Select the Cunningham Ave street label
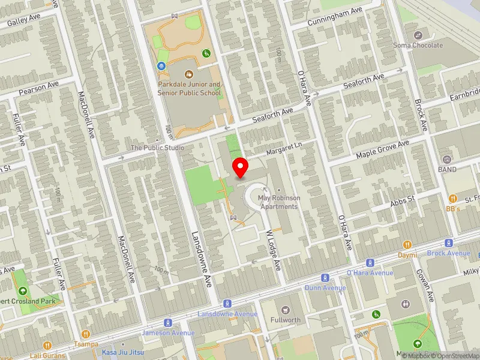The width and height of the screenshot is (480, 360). (335, 13)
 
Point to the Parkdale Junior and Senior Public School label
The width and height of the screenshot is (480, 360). (190, 89)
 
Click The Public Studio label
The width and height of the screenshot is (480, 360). (158, 148)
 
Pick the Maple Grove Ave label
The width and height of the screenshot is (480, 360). (382, 150)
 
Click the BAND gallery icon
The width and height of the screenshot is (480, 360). (446, 160)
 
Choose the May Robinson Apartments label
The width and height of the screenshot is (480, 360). (277, 202)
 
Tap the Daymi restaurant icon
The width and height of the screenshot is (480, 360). (407, 245)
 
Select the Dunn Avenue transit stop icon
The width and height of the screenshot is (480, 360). (325, 278)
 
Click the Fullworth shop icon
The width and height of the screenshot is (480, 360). (285, 310)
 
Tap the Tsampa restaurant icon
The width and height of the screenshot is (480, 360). (86, 334)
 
